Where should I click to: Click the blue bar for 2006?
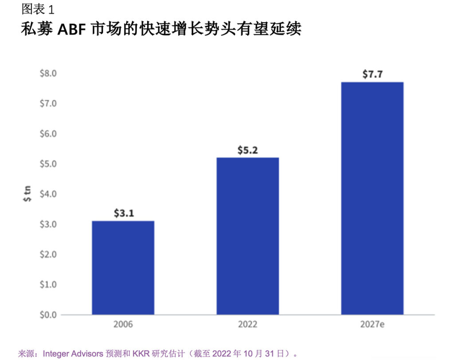click(123, 267)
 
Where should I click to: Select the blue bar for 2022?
click(247, 236)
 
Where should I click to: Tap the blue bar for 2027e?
click(372, 198)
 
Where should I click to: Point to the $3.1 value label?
click(123, 213)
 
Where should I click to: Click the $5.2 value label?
click(247, 150)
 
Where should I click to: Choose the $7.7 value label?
click(372, 74)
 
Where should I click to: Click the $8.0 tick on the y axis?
click(48, 73)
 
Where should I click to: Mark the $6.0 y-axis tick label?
click(48, 133)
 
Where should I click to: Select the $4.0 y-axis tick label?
click(48, 194)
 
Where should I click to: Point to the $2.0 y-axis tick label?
click(48, 254)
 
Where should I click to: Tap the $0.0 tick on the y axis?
click(48, 314)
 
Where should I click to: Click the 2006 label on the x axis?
click(123, 325)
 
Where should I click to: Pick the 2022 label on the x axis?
click(247, 325)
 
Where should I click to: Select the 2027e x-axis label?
click(372, 325)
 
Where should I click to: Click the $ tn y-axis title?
click(26, 194)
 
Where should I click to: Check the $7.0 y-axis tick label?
click(48, 103)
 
